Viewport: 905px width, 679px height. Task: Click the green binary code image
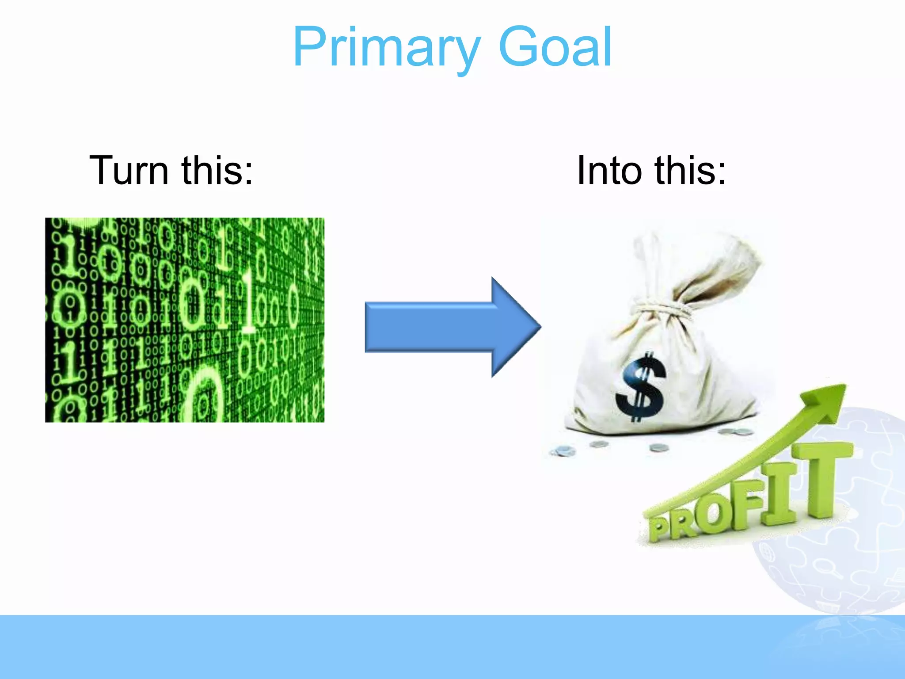(185, 320)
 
